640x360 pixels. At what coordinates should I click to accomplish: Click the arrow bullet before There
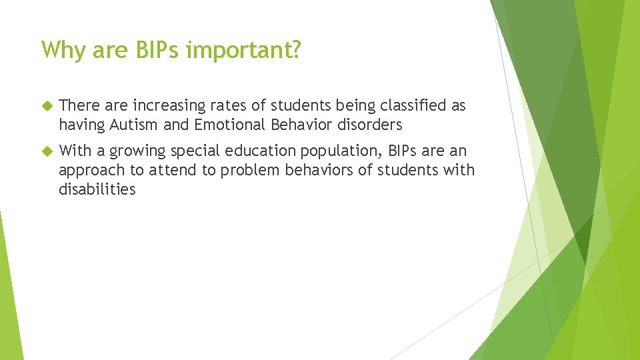(x=46, y=106)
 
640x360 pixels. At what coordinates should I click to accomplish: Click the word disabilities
(x=97, y=189)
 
